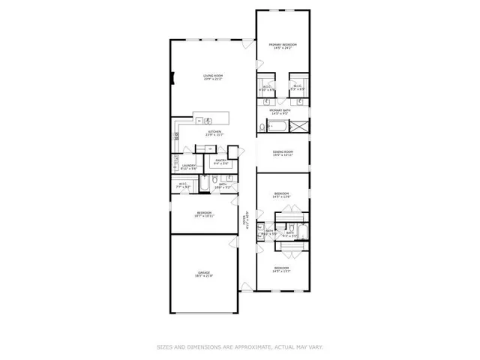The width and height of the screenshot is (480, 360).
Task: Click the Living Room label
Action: [208, 76]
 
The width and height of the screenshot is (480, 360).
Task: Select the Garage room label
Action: [204, 272]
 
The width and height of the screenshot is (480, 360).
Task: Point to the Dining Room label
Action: [283, 153]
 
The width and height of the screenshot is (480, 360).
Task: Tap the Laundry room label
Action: [188, 166]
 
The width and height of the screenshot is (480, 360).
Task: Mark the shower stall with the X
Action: [299, 126]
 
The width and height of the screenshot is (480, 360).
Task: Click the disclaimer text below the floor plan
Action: [240, 346]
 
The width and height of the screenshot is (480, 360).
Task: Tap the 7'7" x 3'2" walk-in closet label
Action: [183, 185]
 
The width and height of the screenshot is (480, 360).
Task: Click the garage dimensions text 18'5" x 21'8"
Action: [204, 276]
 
